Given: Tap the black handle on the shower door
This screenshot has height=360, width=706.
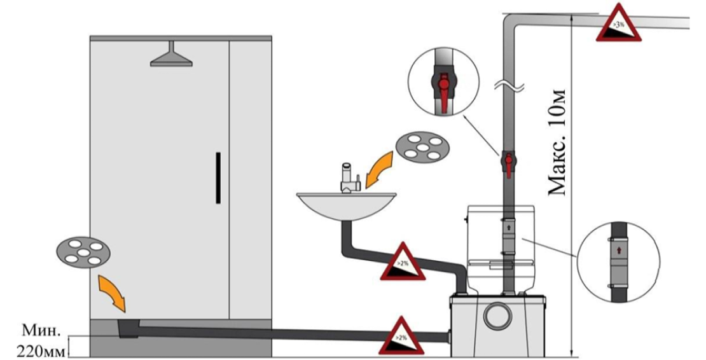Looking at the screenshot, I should click(x=218, y=177).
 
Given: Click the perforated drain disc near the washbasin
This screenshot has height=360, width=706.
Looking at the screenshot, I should click(x=419, y=148).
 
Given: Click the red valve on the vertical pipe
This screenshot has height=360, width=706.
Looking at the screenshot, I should click(x=509, y=162).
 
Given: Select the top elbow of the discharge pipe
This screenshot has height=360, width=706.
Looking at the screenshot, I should click(x=513, y=22).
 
